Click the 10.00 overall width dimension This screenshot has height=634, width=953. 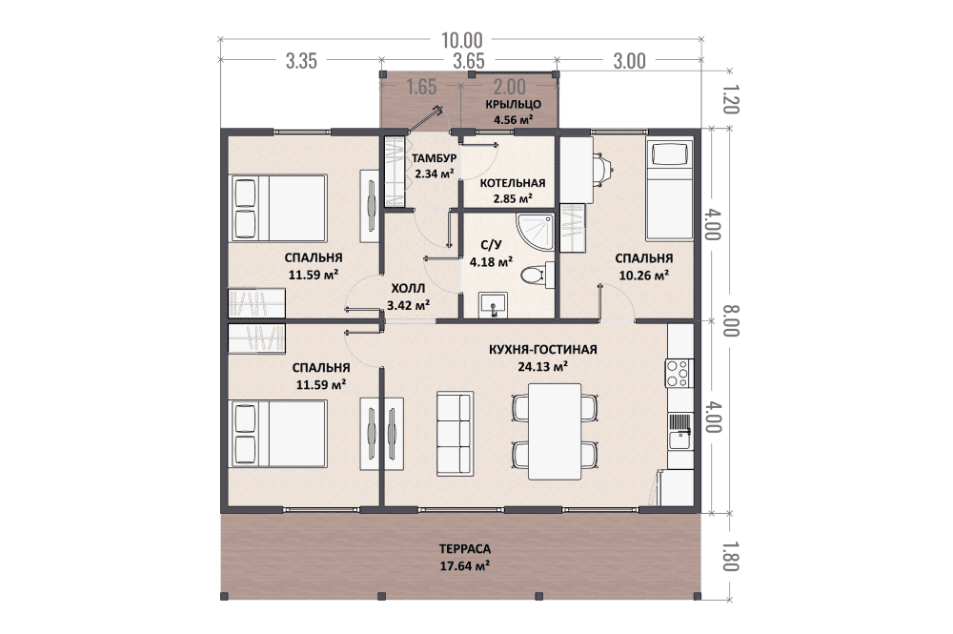click(461, 40)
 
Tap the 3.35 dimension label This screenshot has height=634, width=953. click(301, 61)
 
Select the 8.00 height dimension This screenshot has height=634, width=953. click(730, 320)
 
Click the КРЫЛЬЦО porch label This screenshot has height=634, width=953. click(513, 104)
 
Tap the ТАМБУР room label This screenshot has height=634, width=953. click(434, 158)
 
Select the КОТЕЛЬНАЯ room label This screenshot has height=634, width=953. click(513, 183)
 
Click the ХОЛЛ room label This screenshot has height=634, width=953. click(408, 288)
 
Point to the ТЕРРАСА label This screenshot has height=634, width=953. click(465, 549)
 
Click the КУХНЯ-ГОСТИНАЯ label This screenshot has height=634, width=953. click(543, 350)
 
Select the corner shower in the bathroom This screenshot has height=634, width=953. click(536, 232)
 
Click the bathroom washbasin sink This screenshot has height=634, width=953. click(493, 305)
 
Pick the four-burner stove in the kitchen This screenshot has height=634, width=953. click(679, 373)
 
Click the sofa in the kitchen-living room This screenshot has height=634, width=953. click(456, 434)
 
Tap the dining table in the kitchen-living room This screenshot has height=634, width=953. click(555, 431)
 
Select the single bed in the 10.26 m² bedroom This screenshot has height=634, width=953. click(669, 190)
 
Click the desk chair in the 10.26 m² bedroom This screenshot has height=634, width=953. click(602, 170)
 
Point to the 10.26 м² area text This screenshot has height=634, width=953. click(643, 276)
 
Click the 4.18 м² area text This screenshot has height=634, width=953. click(491, 262)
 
